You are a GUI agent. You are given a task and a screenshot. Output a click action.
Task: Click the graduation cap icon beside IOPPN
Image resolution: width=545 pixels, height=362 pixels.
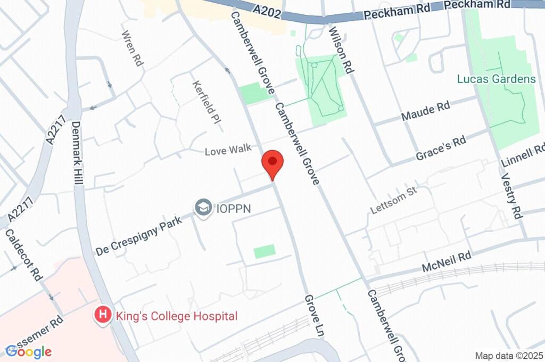pyautogui.click(x=203, y=208)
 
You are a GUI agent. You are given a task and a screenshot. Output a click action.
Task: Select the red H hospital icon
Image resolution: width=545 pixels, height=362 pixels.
pyautogui.click(x=102, y=316)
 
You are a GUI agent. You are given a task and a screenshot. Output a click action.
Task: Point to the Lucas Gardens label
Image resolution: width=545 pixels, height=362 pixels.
pyautogui.click(x=496, y=79)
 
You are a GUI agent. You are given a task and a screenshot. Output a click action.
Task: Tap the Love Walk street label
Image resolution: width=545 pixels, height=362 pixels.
pyautogui.click(x=228, y=151)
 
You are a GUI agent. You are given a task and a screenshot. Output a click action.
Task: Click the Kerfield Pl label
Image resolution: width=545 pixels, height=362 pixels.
pyautogui.click(x=207, y=101)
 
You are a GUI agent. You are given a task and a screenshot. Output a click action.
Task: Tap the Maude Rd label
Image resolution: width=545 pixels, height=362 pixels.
pyautogui.click(x=425, y=111)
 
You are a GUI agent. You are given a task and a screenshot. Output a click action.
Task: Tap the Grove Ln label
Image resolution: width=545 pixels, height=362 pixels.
pyautogui.click(x=315, y=316)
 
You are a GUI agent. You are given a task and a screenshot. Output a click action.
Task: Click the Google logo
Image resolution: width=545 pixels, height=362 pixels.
pyautogui.click(x=29, y=351)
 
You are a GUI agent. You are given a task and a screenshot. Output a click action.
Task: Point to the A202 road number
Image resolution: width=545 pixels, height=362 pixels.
pyautogui.click(x=266, y=10)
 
